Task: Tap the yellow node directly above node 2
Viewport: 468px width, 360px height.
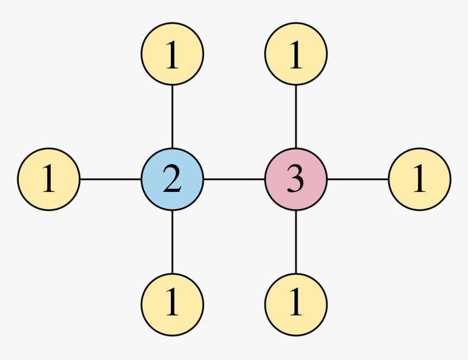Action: click(173, 54)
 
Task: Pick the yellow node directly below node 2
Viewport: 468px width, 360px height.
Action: click(173, 303)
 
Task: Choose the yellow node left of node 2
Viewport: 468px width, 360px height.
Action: click(49, 179)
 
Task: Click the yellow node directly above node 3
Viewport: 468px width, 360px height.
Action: click(296, 54)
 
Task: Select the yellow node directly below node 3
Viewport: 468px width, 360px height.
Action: click(296, 303)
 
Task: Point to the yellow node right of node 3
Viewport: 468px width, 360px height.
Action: click(420, 179)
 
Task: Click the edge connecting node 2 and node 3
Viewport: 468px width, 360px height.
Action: click(234, 179)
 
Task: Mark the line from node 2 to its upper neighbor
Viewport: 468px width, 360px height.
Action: click(173, 116)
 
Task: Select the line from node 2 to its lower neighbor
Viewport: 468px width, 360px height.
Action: click(173, 241)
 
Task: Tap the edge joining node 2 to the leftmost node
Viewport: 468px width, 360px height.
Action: click(110, 179)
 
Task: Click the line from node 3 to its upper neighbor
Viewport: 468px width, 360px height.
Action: click(296, 116)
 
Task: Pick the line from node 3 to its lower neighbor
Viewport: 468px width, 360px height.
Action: click(296, 241)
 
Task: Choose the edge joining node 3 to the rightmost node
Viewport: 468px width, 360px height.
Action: click(358, 179)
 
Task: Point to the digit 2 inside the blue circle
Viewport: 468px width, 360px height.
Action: click(172, 179)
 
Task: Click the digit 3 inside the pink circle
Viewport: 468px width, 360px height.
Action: click(295, 179)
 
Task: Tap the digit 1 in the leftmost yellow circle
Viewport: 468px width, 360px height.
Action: click(49, 179)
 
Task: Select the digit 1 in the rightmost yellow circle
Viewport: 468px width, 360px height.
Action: click(419, 179)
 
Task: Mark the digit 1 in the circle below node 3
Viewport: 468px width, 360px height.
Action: click(295, 303)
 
